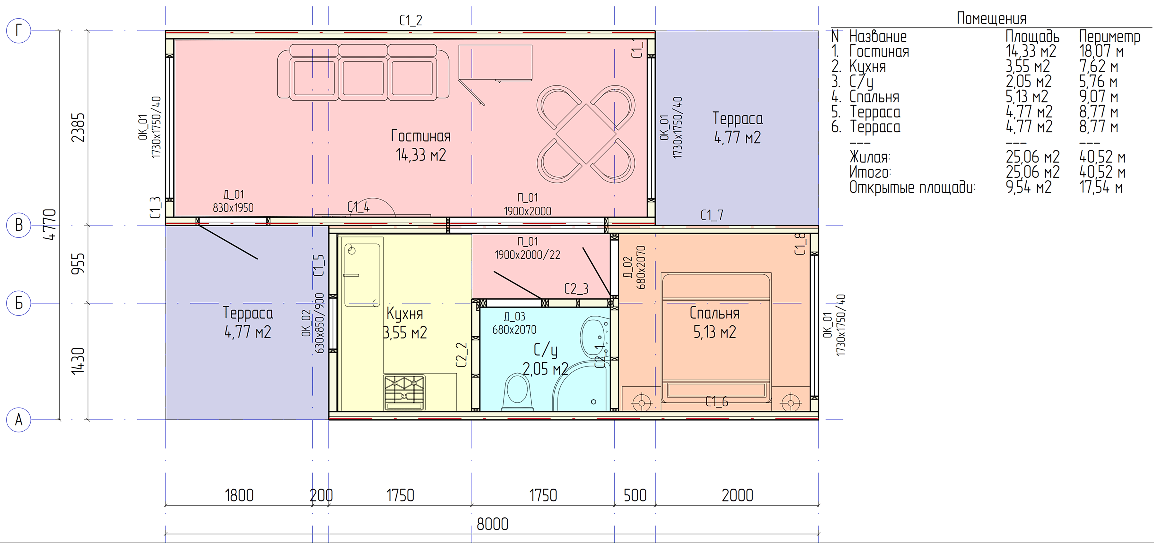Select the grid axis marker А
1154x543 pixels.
(x=18, y=420)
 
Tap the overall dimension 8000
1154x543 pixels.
(x=492, y=524)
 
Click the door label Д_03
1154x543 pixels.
(x=514, y=317)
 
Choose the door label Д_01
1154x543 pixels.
(x=233, y=195)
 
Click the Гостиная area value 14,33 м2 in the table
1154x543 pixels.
(x=1031, y=51)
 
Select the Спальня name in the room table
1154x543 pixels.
(x=874, y=97)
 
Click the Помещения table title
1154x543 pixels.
(x=991, y=18)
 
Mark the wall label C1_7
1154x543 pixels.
(x=712, y=215)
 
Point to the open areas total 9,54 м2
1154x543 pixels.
(x=1029, y=187)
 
